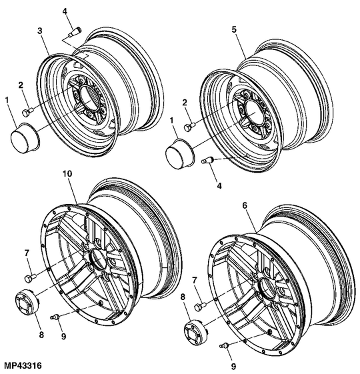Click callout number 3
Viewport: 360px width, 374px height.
40,31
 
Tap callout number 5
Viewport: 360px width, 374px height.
234,29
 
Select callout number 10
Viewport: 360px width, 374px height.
67,173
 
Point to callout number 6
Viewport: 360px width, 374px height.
245,205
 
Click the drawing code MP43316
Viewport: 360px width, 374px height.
23,365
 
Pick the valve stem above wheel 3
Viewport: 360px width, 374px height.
75,32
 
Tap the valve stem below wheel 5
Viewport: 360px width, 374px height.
207,160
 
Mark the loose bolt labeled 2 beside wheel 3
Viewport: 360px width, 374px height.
28,112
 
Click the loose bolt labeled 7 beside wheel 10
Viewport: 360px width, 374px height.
30,278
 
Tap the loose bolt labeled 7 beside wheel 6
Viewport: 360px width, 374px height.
201,307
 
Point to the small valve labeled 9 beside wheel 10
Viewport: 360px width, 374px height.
55,317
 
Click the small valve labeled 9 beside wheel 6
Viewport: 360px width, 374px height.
225,345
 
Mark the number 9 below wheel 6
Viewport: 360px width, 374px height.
233,366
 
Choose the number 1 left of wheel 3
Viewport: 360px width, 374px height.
7,101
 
